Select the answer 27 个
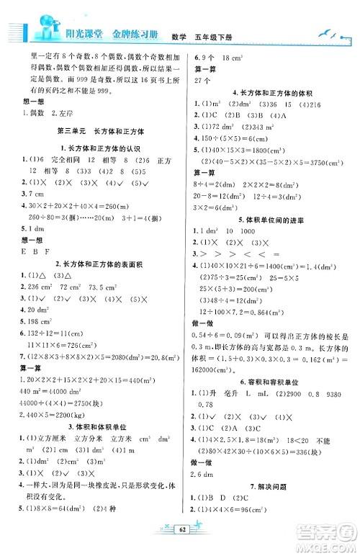click(204, 74)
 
